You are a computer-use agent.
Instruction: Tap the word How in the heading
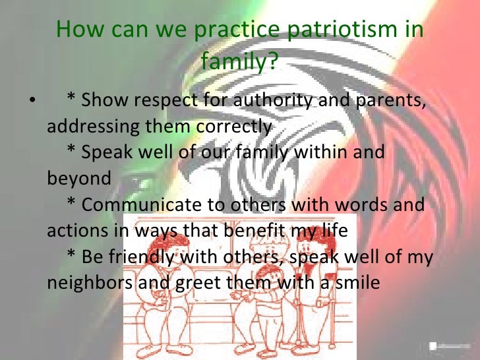point(78,31)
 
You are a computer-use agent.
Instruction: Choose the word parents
point(392,101)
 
